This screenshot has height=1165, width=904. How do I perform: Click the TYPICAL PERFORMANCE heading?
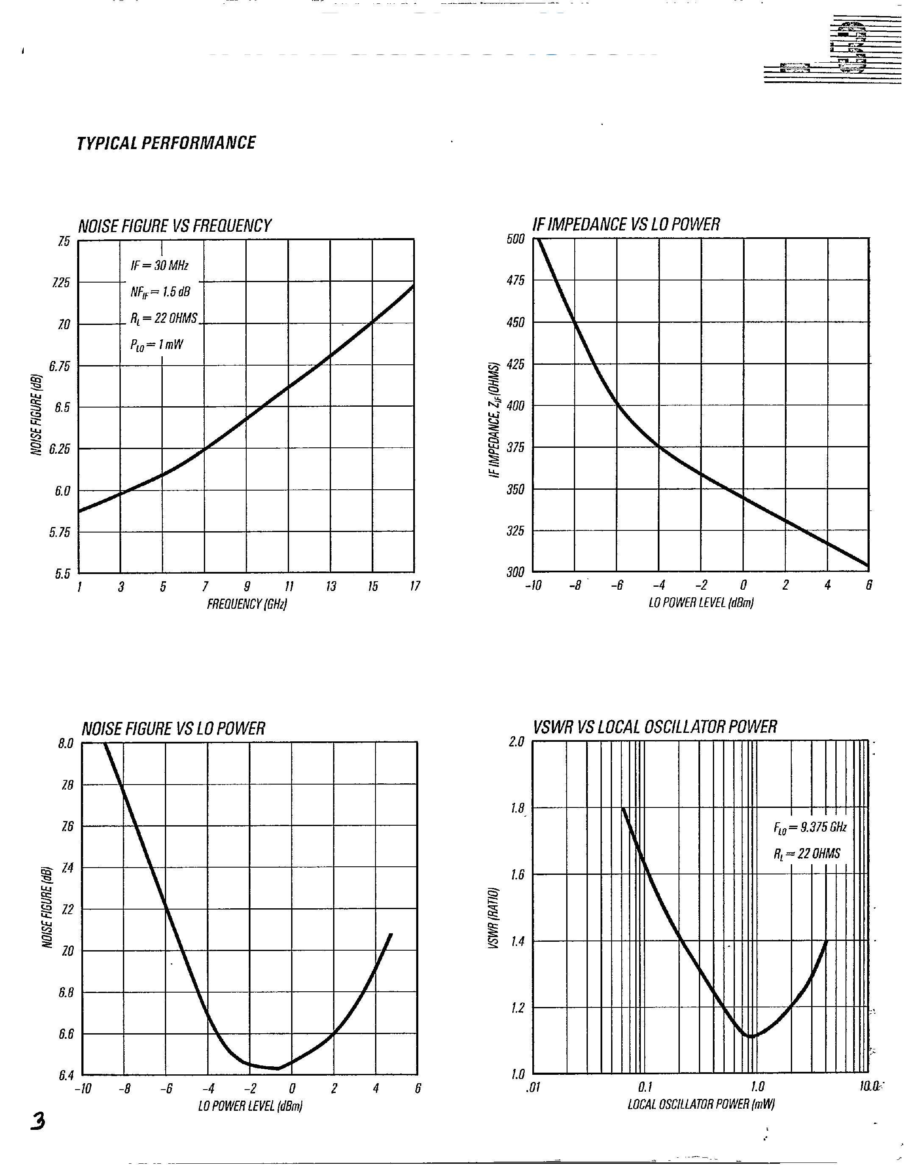166,143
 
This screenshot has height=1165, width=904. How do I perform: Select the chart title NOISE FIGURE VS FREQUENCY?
175,226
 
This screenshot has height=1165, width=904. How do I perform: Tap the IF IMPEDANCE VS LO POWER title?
626,225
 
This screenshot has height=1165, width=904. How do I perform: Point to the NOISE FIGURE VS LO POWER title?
173,729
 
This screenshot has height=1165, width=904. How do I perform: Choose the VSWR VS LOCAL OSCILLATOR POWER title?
655,727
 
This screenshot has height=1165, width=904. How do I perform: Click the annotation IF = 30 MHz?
159,266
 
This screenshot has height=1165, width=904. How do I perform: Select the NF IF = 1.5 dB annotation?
160,292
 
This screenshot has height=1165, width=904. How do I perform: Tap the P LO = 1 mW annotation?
156,344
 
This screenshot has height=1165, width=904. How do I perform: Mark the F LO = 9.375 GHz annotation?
809,827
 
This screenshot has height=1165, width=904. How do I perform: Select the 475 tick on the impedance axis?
515,280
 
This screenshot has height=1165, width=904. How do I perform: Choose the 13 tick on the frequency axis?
331,587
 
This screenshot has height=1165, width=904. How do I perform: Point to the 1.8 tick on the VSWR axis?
517,809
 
